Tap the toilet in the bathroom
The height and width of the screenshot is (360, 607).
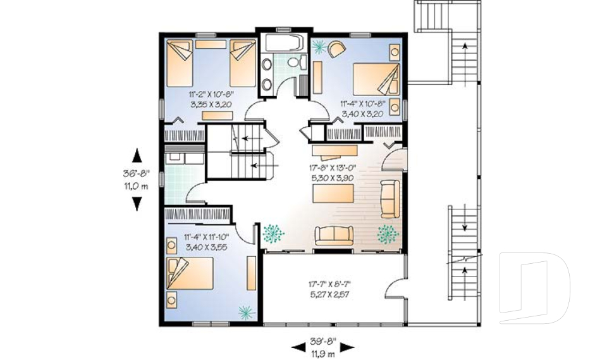tap(297, 63)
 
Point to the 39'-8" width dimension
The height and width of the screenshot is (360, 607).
tap(323, 342)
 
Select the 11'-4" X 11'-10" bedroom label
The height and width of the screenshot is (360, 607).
tap(207, 237)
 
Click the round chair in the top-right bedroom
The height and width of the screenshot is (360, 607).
tap(336, 49)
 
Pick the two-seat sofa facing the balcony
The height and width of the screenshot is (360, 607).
tap(334, 235)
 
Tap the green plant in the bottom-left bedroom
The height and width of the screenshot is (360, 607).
tap(246, 311)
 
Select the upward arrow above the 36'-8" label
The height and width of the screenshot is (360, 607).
tap(137, 155)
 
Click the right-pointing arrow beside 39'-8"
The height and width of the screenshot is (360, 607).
tap(347, 347)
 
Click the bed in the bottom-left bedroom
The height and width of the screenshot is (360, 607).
tap(190, 273)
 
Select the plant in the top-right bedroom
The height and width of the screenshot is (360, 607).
tap(319, 46)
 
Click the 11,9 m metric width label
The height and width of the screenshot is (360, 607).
tap(323, 353)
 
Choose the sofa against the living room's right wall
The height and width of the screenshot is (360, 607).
tap(390, 199)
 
